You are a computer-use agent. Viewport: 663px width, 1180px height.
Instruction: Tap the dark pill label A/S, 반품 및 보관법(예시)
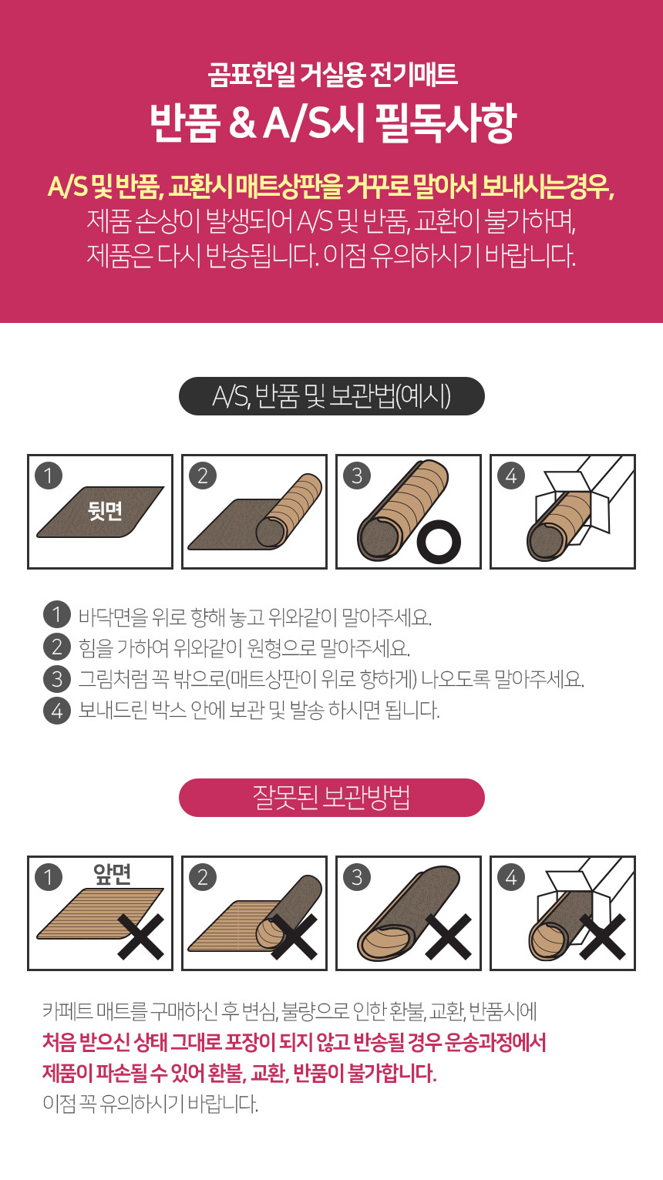tap(331, 396)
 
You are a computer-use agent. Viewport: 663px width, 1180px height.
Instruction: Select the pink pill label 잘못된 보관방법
tap(331, 798)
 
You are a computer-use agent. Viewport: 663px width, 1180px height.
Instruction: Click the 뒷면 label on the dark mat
tap(105, 510)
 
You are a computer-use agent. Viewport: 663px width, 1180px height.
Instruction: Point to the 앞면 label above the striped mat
tap(112, 874)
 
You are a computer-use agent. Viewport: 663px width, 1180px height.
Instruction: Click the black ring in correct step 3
tap(439, 541)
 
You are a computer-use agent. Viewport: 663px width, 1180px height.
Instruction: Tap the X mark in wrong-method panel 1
tap(141, 936)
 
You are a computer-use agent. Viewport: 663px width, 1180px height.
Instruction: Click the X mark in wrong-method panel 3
tap(448, 936)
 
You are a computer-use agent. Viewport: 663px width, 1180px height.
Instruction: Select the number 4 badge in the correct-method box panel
tap(511, 476)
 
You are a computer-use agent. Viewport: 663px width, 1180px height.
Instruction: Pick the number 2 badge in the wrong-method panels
tap(203, 877)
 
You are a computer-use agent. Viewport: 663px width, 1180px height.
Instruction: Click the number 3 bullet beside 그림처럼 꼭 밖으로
tap(57, 679)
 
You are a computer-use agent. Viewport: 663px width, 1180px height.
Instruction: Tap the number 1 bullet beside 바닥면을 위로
tap(57, 615)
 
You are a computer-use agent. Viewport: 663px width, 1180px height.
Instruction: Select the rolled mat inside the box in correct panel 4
tap(559, 526)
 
